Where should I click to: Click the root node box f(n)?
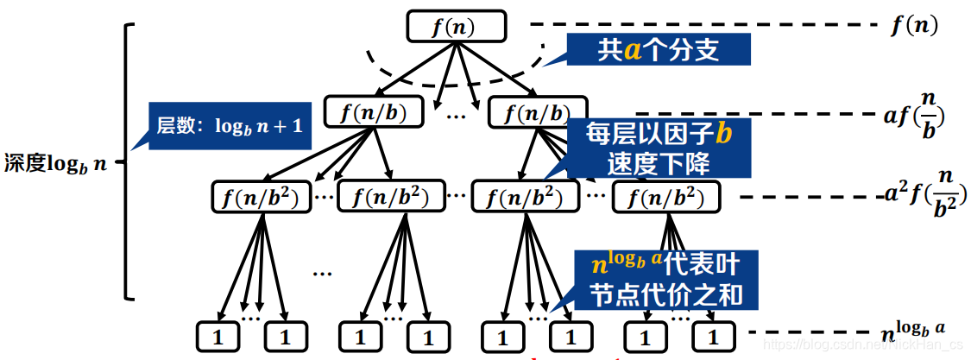pyautogui.click(x=453, y=27)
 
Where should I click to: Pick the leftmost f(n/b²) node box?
pyautogui.click(x=261, y=198)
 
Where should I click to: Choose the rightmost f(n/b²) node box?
pyautogui.click(x=665, y=198)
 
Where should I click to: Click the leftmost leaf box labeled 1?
pyautogui.click(x=218, y=336)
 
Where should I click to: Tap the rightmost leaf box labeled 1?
pyautogui.click(x=712, y=336)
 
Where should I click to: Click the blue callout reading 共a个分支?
pyautogui.click(x=659, y=50)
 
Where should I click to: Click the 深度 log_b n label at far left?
pyautogui.click(x=56, y=162)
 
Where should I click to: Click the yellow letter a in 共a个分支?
pyautogui.click(x=634, y=51)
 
